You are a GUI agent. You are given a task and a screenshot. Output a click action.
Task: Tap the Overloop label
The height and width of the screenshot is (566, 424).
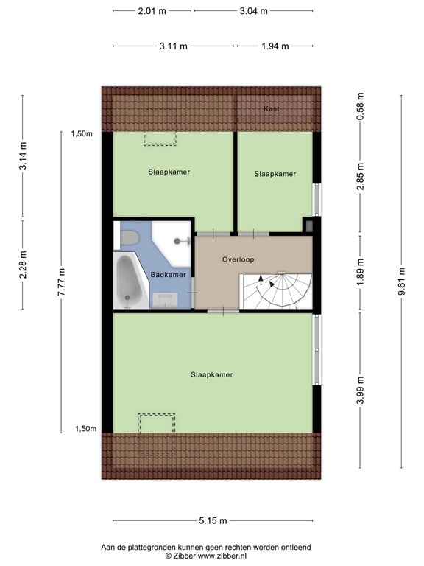click(x=238, y=259)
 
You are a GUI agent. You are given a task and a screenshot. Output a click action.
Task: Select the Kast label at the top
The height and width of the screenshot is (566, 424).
click(x=272, y=109)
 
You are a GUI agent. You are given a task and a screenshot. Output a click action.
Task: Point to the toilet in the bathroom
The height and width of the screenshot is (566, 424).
click(x=130, y=237)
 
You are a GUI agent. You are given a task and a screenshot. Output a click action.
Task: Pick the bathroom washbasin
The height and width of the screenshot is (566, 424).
click(x=166, y=298)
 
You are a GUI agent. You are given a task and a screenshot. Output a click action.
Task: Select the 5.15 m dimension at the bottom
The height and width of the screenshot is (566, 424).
click(x=212, y=521)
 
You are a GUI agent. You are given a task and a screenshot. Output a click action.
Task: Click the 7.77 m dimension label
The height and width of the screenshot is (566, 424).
click(x=61, y=280)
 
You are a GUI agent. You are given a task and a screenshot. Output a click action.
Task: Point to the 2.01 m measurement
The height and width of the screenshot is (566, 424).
click(x=152, y=11)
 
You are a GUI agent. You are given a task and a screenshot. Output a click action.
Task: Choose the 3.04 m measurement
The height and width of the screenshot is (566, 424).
click(x=253, y=11)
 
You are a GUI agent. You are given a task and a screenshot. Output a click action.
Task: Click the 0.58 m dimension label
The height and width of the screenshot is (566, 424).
click(x=361, y=108)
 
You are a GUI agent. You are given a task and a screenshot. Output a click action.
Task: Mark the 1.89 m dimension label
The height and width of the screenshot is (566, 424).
click(x=361, y=271)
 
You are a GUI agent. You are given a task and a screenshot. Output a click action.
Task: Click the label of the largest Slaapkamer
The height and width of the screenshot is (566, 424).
click(x=211, y=374)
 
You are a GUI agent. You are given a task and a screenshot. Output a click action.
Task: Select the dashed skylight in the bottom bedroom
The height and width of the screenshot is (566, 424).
click(x=157, y=423)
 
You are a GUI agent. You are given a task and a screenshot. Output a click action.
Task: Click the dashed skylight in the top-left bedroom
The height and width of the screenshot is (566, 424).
click(x=160, y=138)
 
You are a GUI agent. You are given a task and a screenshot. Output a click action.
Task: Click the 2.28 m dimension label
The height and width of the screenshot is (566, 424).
click(x=23, y=263)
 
